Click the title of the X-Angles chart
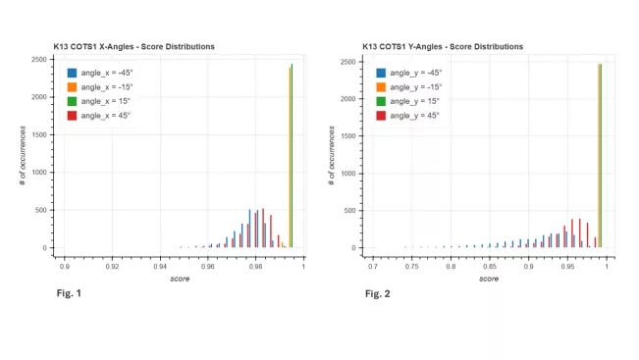[x=133, y=46]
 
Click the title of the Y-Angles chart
[x=443, y=46]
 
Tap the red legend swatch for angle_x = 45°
[x=73, y=115]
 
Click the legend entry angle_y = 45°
[x=414, y=116]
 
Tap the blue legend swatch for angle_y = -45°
[x=381, y=73]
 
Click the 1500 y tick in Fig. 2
[x=349, y=135]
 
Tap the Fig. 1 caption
[x=69, y=293]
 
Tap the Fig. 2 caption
[x=377, y=293]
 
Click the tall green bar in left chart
[x=292, y=157]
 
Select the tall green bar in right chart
[x=601, y=157]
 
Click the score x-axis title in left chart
[x=179, y=279]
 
